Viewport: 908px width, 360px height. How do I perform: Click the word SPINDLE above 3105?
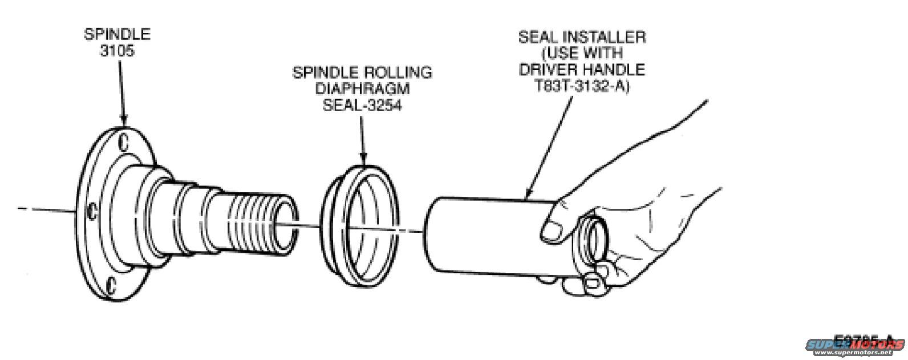pyautogui.click(x=117, y=34)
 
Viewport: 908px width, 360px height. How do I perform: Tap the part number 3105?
pyautogui.click(x=117, y=50)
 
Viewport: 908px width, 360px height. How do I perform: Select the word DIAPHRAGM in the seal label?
pyautogui.click(x=362, y=90)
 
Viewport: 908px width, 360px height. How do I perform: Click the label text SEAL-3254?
pyautogui.click(x=362, y=106)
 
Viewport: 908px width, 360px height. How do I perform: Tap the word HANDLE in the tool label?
pyautogui.click(x=618, y=70)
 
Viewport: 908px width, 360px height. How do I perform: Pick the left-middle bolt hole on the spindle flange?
pyautogui.click(x=90, y=212)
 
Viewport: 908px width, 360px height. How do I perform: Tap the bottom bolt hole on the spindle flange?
pyautogui.click(x=113, y=283)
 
